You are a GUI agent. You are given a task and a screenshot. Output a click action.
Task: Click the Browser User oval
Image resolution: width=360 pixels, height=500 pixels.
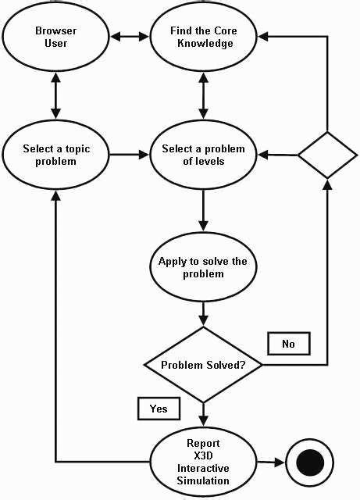(x=55, y=37)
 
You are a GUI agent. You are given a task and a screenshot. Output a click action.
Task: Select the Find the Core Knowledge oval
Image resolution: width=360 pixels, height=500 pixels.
(x=202, y=37)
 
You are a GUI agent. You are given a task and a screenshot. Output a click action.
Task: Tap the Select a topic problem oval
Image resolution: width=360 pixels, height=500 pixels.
(x=55, y=155)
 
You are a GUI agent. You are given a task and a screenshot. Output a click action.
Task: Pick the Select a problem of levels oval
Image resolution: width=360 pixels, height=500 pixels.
(x=203, y=155)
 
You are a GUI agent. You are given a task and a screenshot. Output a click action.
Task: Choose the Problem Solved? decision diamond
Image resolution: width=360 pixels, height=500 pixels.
(x=203, y=365)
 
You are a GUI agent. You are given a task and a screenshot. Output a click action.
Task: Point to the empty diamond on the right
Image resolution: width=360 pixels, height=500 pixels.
(x=327, y=155)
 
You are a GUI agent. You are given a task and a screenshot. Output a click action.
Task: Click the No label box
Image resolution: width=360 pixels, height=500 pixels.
(x=288, y=342)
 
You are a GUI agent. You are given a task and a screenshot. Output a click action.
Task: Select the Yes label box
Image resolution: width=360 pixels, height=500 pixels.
(x=159, y=408)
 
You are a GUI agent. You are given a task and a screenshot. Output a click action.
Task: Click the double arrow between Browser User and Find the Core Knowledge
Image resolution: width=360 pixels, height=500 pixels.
(x=128, y=37)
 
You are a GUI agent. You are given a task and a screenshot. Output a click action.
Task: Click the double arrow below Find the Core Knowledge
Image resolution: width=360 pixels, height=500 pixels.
(x=203, y=96)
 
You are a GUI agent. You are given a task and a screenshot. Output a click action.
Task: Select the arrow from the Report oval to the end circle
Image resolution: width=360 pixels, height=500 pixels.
(x=265, y=463)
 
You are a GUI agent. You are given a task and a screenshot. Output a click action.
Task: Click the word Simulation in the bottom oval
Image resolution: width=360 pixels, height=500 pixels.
(x=203, y=481)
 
